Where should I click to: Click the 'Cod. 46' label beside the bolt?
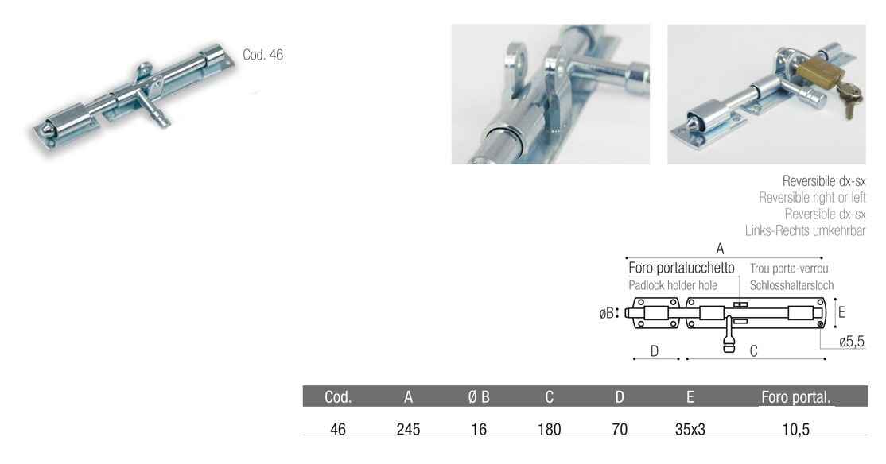click(x=262, y=55)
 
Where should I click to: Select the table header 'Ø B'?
click(x=479, y=397)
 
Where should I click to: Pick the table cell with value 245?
click(x=408, y=430)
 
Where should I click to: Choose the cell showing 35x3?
click(x=690, y=430)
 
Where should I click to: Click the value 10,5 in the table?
click(x=795, y=430)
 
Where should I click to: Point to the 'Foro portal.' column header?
click(x=795, y=397)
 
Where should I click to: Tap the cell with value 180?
click(x=550, y=430)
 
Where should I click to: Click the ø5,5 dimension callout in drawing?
click(x=852, y=342)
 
